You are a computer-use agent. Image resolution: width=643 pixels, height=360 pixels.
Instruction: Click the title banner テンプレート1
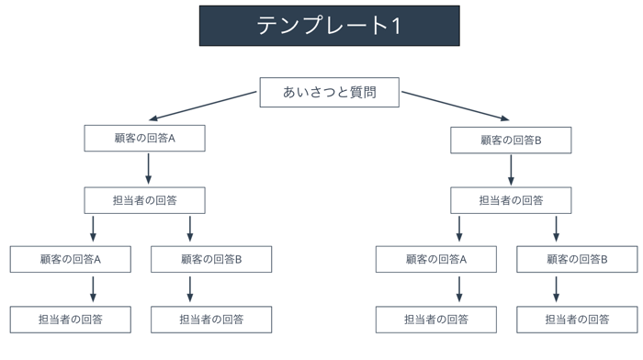(x=329, y=26)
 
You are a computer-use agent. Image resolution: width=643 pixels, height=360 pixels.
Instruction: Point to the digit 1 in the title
(x=396, y=26)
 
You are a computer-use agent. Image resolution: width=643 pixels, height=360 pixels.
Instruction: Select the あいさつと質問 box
(x=329, y=92)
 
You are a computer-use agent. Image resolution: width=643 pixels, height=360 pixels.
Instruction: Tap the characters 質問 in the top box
(x=363, y=92)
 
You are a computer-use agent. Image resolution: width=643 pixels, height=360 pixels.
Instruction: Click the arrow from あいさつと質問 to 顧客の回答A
(x=203, y=107)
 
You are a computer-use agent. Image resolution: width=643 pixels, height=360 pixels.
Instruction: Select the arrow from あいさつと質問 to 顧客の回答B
(x=456, y=107)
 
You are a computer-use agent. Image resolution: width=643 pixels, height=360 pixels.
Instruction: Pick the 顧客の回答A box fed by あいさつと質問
(x=145, y=138)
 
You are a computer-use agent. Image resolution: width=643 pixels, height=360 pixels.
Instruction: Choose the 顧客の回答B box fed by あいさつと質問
(x=511, y=141)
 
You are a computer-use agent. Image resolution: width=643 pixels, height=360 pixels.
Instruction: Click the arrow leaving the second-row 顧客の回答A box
(x=149, y=169)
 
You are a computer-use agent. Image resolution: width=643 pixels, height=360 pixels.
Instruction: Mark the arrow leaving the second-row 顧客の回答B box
(x=511, y=170)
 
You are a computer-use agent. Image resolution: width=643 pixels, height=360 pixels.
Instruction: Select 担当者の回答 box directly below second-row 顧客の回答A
(x=145, y=200)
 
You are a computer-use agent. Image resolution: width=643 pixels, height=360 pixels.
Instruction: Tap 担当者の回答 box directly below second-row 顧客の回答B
(x=511, y=200)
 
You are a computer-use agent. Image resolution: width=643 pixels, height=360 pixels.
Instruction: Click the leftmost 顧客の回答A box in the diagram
(x=71, y=259)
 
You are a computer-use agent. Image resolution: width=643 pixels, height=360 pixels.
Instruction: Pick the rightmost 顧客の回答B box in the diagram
(x=577, y=259)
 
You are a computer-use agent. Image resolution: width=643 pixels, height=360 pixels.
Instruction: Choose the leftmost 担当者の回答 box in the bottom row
(x=71, y=320)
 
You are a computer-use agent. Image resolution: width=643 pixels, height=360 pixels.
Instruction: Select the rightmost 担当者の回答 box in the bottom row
(x=577, y=320)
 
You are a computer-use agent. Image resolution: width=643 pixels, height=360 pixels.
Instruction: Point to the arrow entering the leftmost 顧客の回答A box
(x=93, y=229)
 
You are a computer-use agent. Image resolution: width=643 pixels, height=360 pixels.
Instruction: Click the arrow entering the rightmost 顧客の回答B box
(x=556, y=229)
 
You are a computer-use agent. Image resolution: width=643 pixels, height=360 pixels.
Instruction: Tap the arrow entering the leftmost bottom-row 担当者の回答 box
(x=93, y=289)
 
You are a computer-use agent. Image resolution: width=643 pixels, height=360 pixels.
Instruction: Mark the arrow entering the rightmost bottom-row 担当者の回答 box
(x=556, y=289)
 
